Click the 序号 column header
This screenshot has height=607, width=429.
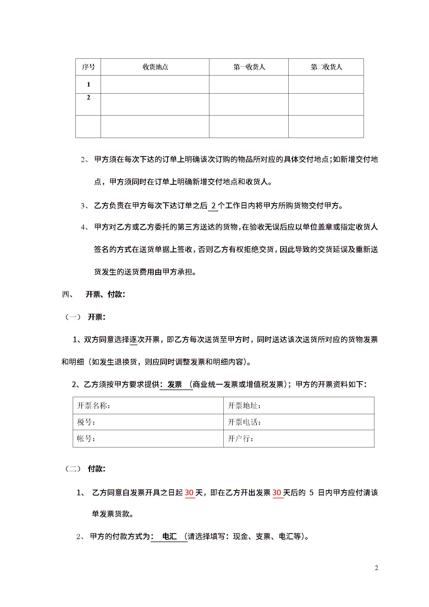coord(88,67)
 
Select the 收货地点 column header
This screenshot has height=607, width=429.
coord(155,67)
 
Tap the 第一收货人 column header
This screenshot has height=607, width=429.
coord(249,67)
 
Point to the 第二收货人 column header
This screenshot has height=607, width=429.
coord(326,67)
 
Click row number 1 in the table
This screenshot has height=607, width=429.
coord(88,84)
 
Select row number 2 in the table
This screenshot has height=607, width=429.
coord(88,97)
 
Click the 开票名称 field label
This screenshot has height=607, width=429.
coord(93,405)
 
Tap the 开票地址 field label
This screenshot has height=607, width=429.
coord(244,405)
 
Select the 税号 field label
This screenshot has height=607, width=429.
coord(86,422)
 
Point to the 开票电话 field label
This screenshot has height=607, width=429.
coord(244,422)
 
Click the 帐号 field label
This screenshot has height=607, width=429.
coord(86,438)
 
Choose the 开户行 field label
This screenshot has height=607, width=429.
coord(240,438)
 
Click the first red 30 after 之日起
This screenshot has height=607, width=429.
coord(189,493)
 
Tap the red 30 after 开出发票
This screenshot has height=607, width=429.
coord(277,493)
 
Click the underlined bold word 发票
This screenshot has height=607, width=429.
coord(175,384)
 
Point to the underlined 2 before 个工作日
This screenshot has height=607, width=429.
coord(213,206)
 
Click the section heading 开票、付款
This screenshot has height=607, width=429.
coord(105,294)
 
